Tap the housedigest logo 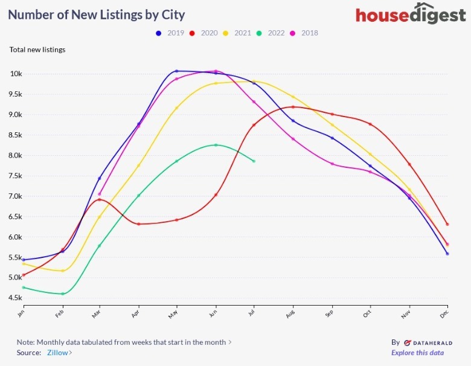click(x=411, y=14)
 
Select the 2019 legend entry click(x=171, y=33)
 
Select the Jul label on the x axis click(x=253, y=312)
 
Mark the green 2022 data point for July click(x=254, y=161)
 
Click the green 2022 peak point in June click(x=216, y=145)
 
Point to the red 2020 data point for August click(x=293, y=107)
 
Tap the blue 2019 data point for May click(x=177, y=71)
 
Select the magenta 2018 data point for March click(x=100, y=194)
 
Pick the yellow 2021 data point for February click(x=62, y=271)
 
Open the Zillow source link click(x=59, y=352)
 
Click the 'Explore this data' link click(x=417, y=353)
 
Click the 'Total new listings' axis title click(x=37, y=50)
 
